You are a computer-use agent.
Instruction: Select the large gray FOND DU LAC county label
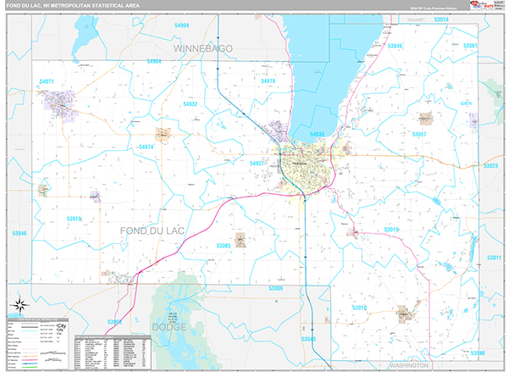pyautogui.click(x=152, y=230)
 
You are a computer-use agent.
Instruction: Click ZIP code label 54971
pyautogui.click(x=47, y=81)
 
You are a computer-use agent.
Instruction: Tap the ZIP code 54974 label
pyautogui.click(x=146, y=147)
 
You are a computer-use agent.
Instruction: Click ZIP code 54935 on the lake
pyautogui.click(x=317, y=135)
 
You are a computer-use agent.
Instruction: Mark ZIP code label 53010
pyautogui.click(x=359, y=308)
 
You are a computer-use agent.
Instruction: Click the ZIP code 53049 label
pyautogui.click(x=395, y=46)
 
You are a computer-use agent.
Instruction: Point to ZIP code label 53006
pyautogui.click(x=276, y=288)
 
